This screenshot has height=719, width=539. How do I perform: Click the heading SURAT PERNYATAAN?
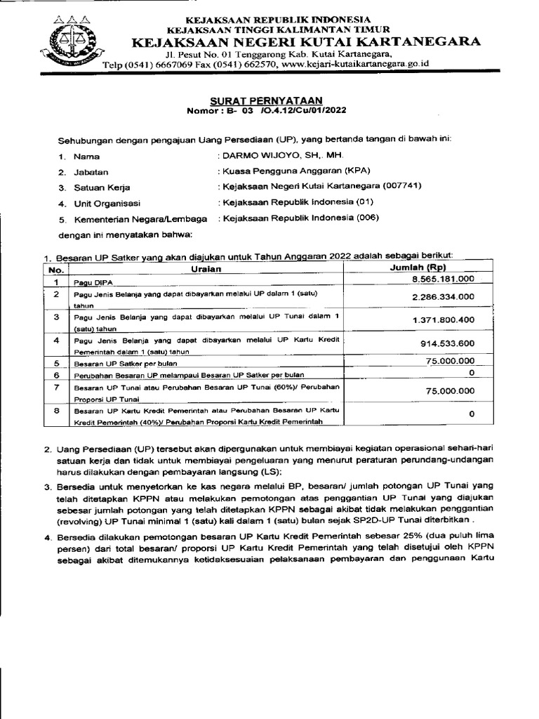(269, 100)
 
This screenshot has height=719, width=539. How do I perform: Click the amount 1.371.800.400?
(442, 320)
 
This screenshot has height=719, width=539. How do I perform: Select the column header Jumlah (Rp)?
(418, 268)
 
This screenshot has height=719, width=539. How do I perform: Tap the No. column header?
(57, 270)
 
